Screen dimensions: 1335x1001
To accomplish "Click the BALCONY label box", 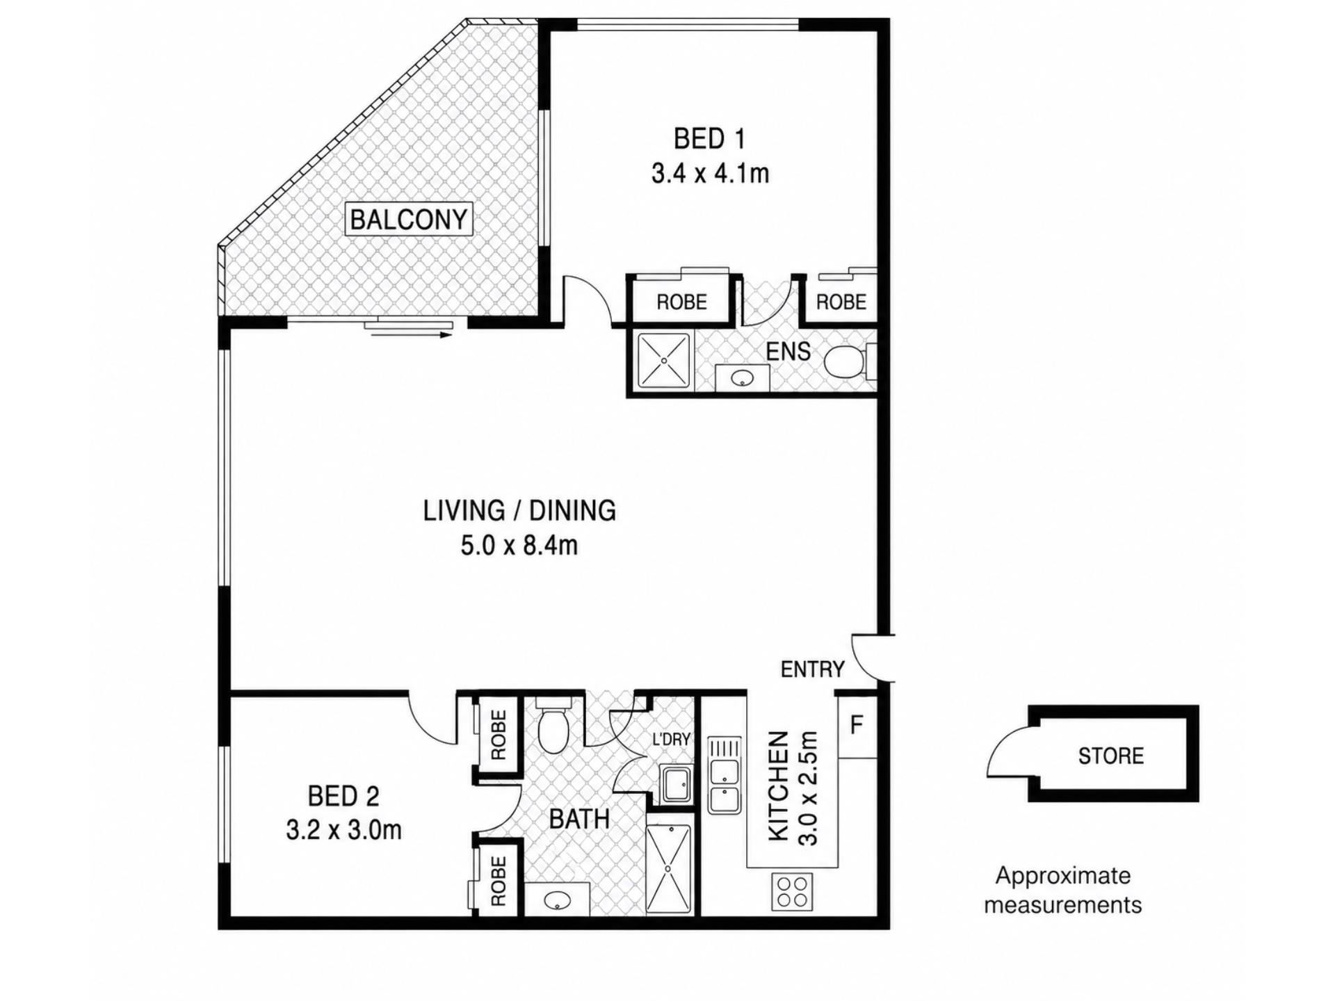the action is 409,220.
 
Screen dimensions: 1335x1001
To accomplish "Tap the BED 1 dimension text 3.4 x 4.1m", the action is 710,173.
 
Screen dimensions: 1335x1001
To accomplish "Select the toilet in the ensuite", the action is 850,361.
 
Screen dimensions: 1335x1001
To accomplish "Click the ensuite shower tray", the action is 664,361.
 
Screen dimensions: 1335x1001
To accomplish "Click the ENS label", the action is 788,352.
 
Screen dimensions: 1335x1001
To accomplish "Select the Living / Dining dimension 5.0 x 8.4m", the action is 519,546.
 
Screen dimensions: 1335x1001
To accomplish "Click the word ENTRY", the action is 812,669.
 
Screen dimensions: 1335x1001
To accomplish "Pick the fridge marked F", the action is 857,726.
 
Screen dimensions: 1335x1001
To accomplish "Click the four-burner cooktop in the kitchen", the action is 792,892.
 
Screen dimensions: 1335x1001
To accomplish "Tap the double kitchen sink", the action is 725,775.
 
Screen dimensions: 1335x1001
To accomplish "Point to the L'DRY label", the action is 670,740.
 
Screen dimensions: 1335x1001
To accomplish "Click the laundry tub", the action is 675,784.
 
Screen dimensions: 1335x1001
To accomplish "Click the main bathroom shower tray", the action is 669,869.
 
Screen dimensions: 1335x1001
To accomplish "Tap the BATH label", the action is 579,820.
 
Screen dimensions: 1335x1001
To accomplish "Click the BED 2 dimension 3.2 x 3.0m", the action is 343,830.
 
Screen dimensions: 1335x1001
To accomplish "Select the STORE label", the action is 1110,756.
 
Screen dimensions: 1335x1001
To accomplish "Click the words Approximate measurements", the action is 1062,890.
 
